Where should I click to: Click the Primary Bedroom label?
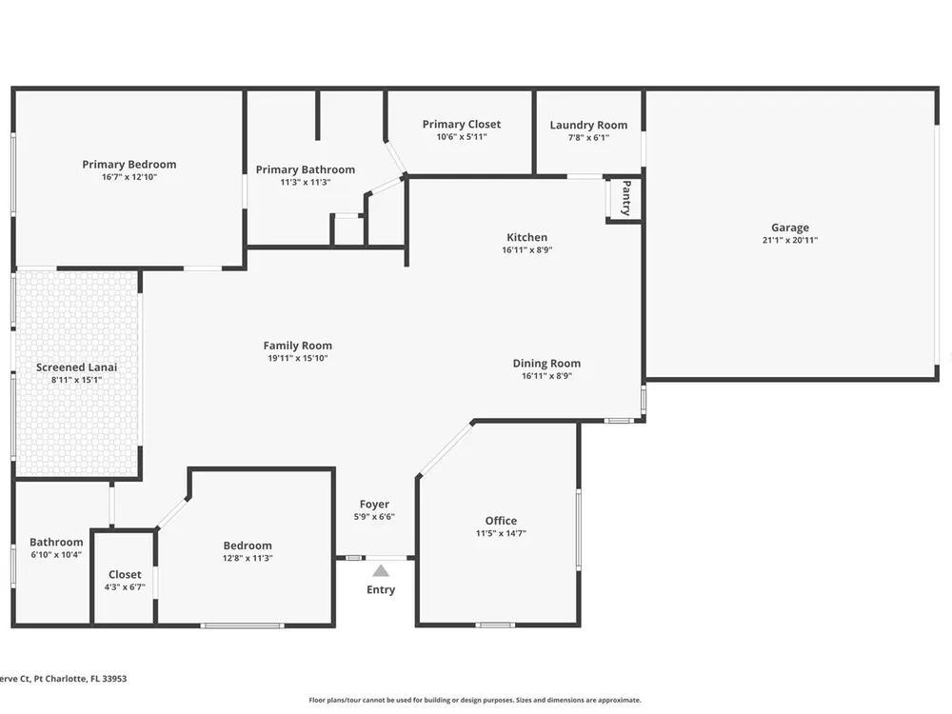(129, 164)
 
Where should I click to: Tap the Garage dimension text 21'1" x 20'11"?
(790, 240)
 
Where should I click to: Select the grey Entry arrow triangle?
(381, 570)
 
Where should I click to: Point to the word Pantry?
(626, 197)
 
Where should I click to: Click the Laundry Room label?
(588, 125)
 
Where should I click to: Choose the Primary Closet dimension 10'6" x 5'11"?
(462, 137)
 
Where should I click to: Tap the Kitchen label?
(527, 237)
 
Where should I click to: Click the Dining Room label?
(546, 363)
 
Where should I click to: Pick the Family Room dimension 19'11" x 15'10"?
(297, 358)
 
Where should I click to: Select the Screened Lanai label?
(76, 367)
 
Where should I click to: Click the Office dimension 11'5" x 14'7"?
(501, 534)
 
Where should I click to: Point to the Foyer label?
(374, 504)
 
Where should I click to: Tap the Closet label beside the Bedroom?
(125, 574)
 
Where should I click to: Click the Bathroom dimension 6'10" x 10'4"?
(56, 555)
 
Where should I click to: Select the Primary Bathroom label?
(306, 169)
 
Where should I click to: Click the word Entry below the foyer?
(381, 589)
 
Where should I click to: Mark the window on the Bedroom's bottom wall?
(242, 625)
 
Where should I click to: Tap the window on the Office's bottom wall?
(495, 625)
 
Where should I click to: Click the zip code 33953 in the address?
(115, 679)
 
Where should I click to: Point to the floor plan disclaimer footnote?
(475, 700)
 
